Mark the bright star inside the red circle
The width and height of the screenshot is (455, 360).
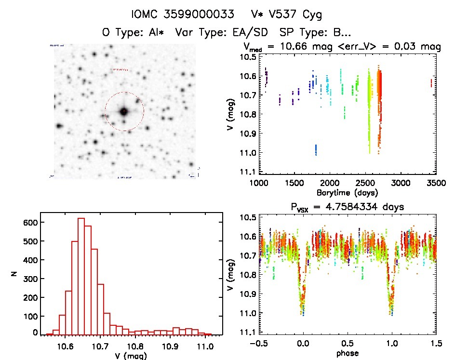coord(124,111)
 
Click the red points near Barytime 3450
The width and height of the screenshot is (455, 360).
coord(430,83)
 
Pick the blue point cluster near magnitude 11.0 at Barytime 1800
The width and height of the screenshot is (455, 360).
coord(316,150)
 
